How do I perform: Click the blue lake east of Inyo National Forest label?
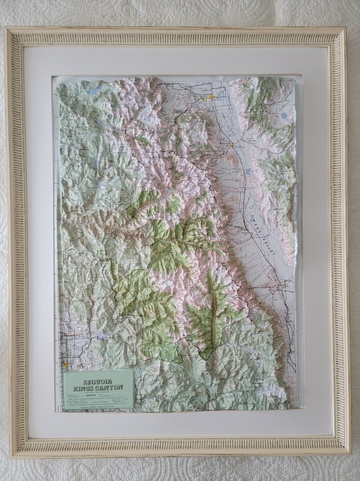[283, 115]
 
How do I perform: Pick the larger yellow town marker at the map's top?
[211, 97]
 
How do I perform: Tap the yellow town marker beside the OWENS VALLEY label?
[252, 237]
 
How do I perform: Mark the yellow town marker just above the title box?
[65, 364]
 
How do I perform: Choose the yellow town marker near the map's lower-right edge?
[282, 284]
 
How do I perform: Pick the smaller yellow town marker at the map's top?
[203, 98]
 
